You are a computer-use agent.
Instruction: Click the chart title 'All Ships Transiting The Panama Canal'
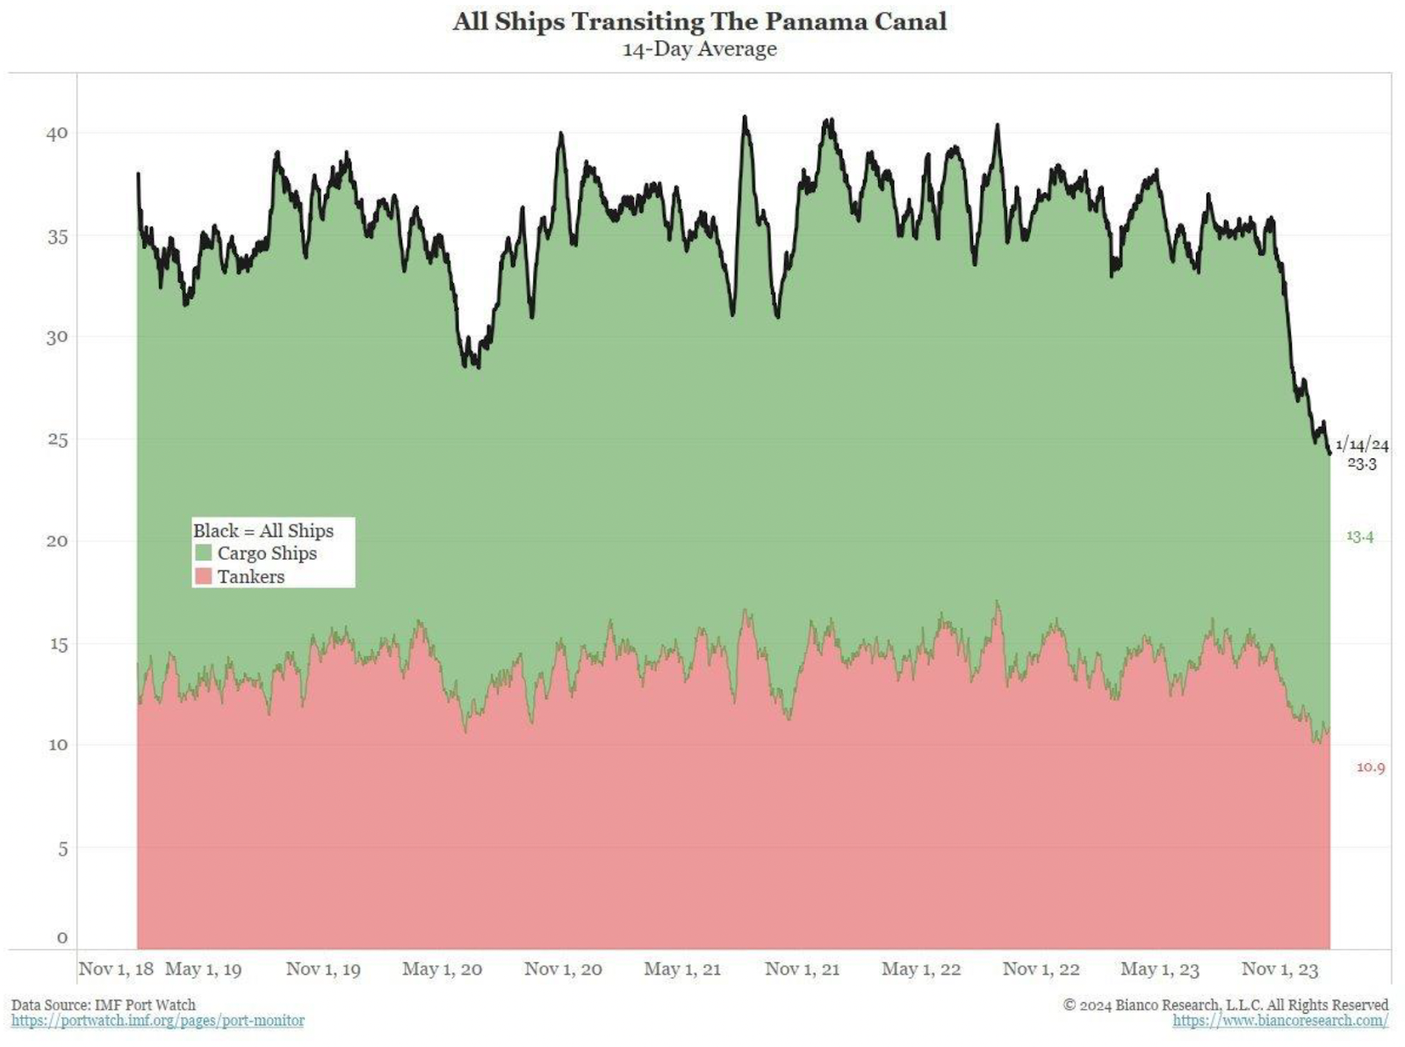tap(700, 22)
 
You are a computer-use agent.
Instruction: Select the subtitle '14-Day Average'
tap(700, 49)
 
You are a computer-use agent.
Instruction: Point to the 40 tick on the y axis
tap(57, 134)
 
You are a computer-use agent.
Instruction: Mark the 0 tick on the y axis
tap(61, 937)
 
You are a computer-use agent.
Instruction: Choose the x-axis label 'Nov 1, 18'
tap(116, 969)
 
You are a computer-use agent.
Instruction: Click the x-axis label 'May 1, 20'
tap(442, 969)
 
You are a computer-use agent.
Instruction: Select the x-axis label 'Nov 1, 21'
tap(802, 969)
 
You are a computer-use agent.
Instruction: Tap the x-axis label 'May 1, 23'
tap(1159, 969)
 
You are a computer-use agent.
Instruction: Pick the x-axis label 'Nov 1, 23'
tap(1279, 969)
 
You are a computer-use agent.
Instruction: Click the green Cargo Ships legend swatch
tap(204, 553)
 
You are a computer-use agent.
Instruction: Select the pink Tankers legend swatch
tap(204, 576)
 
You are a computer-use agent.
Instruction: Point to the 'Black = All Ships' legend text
tap(263, 531)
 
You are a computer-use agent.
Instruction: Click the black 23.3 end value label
tap(1362, 464)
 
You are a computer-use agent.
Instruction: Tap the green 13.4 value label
tap(1359, 536)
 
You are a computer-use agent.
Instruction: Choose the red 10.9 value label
tap(1371, 768)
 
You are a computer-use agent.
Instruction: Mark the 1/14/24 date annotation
tap(1362, 444)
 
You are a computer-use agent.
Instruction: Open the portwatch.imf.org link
tap(158, 1021)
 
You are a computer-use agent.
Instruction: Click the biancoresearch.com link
tap(1280, 1021)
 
